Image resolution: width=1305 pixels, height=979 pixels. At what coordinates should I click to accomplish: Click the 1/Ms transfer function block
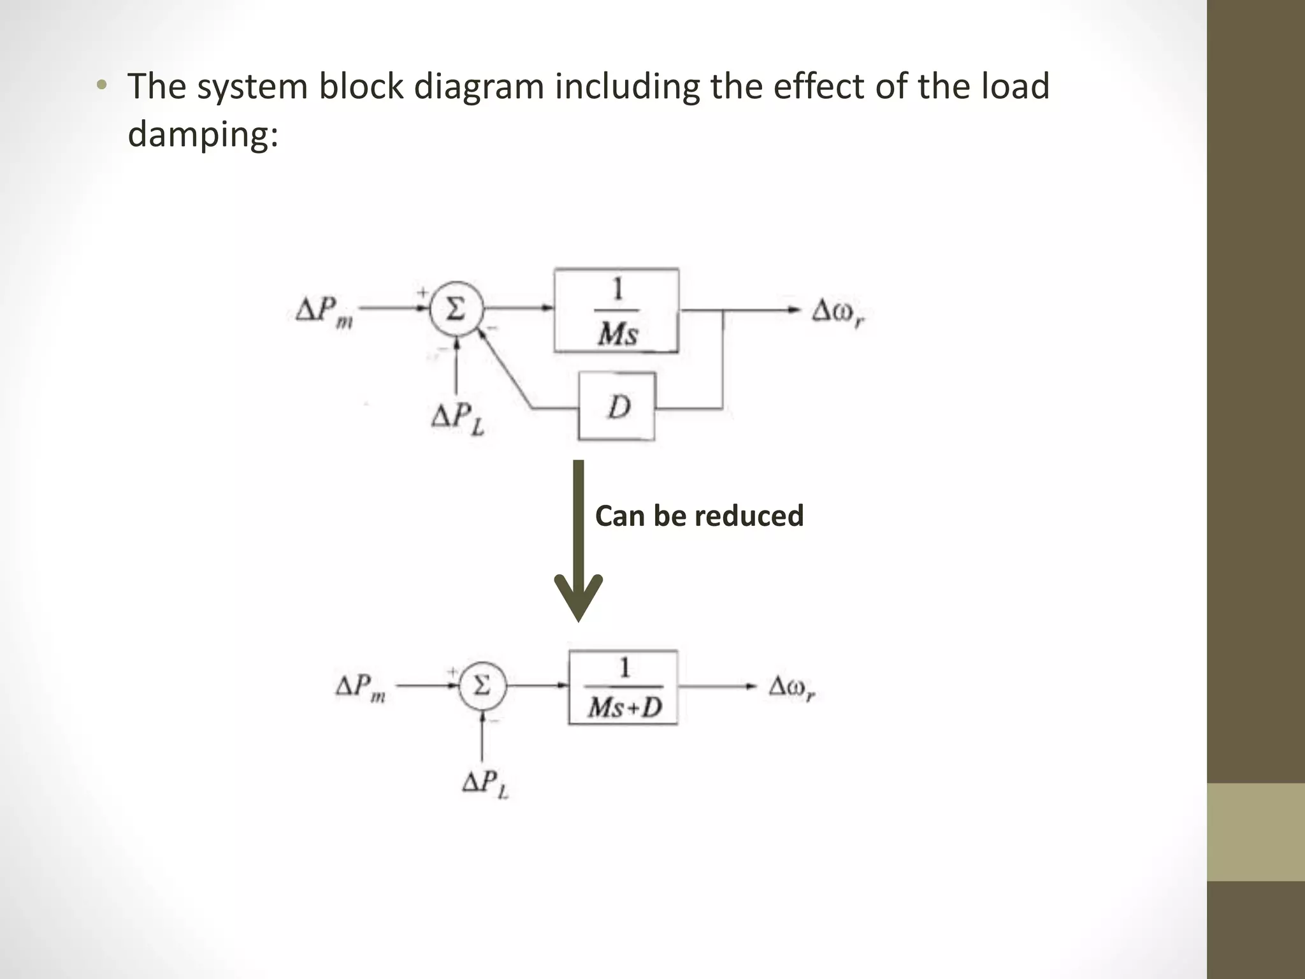tap(616, 310)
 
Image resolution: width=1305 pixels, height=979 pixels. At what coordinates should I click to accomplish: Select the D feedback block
tap(616, 407)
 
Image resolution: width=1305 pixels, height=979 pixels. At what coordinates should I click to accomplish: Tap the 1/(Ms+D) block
tap(623, 688)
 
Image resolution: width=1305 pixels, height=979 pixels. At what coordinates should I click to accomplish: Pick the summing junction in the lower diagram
tap(482, 686)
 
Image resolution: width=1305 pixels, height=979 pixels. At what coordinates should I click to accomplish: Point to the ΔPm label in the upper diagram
tap(324, 312)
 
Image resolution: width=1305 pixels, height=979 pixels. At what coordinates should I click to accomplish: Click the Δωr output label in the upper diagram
tap(838, 313)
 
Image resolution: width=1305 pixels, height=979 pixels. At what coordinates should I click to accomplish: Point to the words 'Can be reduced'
tap(699, 516)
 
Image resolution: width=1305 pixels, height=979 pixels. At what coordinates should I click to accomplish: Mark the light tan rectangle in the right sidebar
tap(1255, 832)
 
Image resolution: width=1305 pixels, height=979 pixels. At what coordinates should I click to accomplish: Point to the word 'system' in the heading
tap(252, 87)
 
